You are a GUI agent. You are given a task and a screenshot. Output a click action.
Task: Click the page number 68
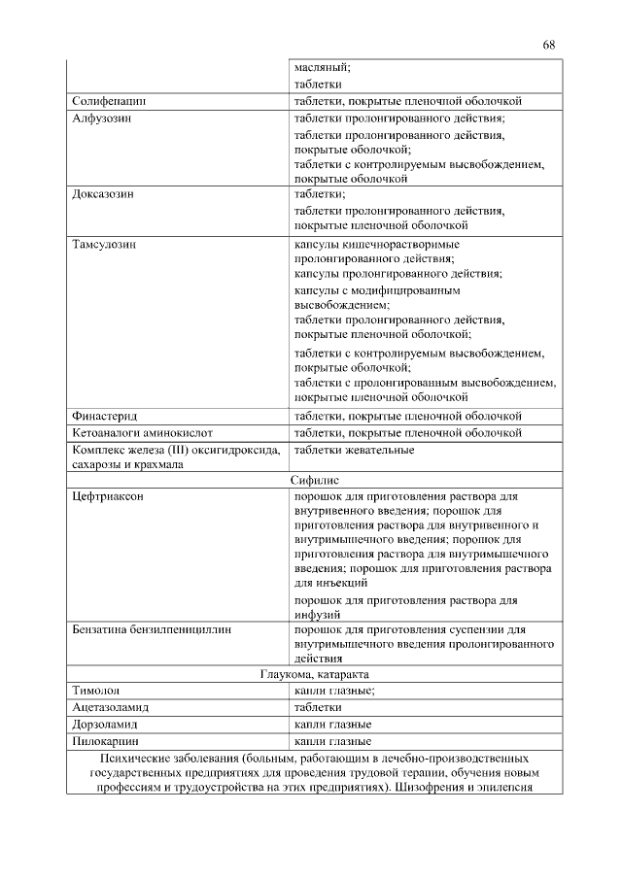tap(549, 45)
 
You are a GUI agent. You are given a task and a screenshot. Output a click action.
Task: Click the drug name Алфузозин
tap(102, 118)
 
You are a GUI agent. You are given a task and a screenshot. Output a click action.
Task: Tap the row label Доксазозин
tap(103, 194)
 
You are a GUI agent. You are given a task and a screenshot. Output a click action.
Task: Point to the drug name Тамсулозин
tap(105, 244)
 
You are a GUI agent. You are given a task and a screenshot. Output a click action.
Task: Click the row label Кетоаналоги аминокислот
tap(142, 432)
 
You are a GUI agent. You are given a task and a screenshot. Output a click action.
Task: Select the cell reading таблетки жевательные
tap(354, 450)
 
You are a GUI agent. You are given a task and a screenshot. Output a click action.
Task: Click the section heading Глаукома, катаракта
tap(315, 674)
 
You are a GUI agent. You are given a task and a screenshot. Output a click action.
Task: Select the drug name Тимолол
tap(95, 691)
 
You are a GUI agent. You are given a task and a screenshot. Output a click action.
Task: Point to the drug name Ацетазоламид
tap(110, 708)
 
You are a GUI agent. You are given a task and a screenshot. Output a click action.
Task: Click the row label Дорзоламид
tap(105, 725)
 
